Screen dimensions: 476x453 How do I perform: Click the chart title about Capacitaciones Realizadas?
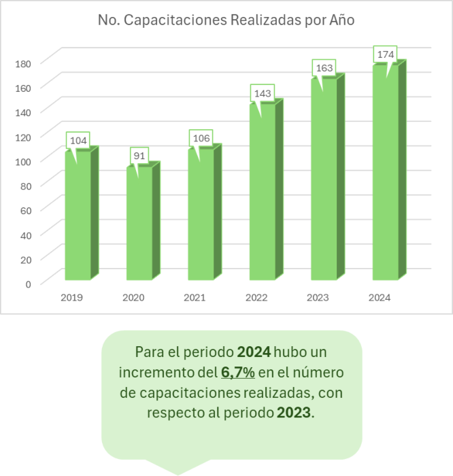click(226, 20)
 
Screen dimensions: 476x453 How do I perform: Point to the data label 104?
click(78, 141)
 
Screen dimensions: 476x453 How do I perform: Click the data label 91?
click(139, 156)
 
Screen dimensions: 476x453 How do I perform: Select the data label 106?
click(201, 138)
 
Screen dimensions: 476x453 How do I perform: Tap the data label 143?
click(262, 92)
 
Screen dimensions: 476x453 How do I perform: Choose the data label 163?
click(324, 68)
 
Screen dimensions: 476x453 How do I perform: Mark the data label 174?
click(385, 54)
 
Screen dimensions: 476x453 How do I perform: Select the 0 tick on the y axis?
click(28, 284)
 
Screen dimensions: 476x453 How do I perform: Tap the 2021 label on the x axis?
click(195, 298)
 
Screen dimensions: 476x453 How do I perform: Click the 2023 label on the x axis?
click(318, 298)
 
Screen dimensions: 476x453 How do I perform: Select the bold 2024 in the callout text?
click(254, 352)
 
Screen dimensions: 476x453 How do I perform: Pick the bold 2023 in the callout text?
click(294, 412)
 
